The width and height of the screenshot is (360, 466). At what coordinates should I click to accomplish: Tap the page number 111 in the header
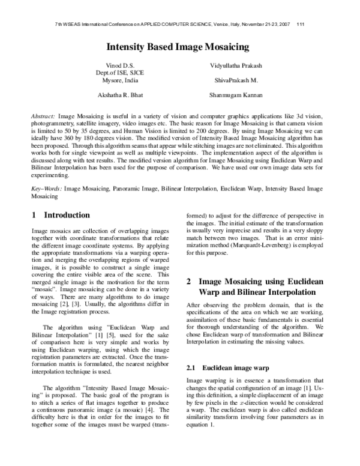(301, 24)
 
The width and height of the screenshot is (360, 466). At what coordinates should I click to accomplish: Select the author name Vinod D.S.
(116, 64)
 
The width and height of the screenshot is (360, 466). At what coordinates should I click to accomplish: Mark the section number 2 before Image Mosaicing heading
(189, 281)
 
